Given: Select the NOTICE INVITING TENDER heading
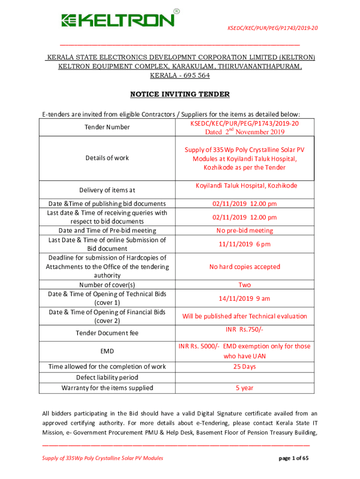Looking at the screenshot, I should click(x=180, y=94).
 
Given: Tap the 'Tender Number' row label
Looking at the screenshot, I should click(x=108, y=127).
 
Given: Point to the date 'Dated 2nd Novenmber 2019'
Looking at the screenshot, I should click(x=245, y=132).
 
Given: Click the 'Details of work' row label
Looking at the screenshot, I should click(x=107, y=158).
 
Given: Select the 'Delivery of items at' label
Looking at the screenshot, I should click(x=107, y=190).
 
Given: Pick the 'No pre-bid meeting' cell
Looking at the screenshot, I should click(x=245, y=231).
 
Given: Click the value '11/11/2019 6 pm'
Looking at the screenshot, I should click(x=245, y=244).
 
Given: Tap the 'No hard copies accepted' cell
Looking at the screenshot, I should click(x=245, y=267).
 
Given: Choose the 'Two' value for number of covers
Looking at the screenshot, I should click(x=245, y=285).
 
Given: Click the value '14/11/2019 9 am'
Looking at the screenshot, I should click(x=245, y=298).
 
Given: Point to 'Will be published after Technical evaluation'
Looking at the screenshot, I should click(x=245, y=316).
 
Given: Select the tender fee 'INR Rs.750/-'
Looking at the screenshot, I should click(x=245, y=330).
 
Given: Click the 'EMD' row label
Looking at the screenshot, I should click(x=107, y=351).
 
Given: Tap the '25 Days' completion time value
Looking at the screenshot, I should click(x=245, y=366).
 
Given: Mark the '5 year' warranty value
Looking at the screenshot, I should click(x=245, y=388).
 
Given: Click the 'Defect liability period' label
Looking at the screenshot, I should click(x=107, y=377).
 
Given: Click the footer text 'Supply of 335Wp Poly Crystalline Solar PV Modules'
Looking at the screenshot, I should click(x=102, y=458).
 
